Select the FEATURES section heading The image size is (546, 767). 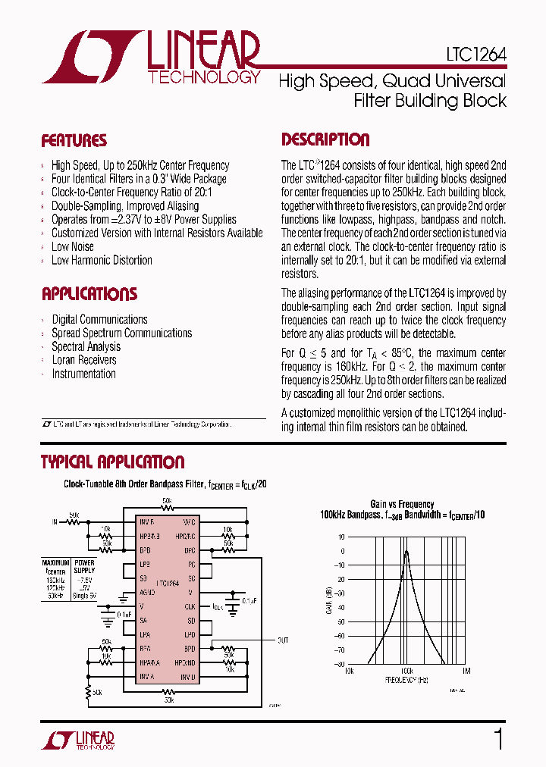[x=74, y=141]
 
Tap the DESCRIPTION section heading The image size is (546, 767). [x=325, y=140]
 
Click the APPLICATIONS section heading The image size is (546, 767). [x=89, y=294]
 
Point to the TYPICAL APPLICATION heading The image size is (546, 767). [x=112, y=462]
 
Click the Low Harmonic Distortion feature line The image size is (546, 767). [x=102, y=260]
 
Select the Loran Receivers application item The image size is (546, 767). [x=83, y=360]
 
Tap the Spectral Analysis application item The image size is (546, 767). [x=86, y=346]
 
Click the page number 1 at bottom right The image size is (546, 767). [x=498, y=739]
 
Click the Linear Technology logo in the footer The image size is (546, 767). [x=78, y=740]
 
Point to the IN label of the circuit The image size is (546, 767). [x=55, y=522]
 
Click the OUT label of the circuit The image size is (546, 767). [x=282, y=640]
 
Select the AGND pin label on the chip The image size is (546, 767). [x=147, y=593]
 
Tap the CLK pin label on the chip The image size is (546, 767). [x=190, y=606]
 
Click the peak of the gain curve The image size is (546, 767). [x=406, y=552]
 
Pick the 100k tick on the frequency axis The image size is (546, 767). [x=407, y=671]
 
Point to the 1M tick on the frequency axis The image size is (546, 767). [x=466, y=671]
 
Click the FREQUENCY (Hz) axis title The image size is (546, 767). [x=407, y=680]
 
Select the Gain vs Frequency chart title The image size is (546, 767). [x=402, y=504]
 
